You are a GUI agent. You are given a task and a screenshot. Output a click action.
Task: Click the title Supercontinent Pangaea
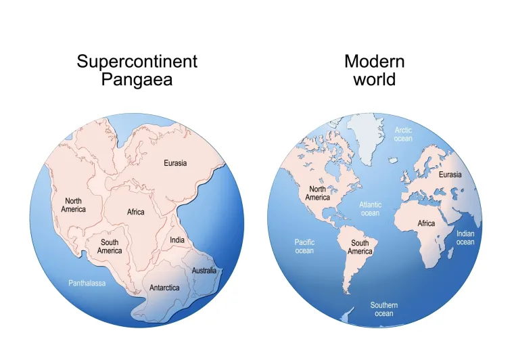[x=137, y=70]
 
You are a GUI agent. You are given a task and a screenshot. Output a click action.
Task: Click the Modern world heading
[x=374, y=70]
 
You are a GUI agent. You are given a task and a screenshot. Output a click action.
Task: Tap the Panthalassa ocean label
[x=87, y=283]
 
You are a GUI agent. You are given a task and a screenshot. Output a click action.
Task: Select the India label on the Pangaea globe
[x=177, y=240]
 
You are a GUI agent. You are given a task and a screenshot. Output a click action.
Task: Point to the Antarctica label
[x=164, y=288]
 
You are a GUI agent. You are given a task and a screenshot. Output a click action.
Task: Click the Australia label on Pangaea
[x=204, y=271]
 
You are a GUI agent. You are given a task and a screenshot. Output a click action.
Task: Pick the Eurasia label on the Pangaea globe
[x=175, y=163]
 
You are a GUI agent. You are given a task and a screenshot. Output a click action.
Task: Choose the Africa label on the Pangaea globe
[x=136, y=212]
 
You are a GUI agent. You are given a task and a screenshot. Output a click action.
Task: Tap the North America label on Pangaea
[x=74, y=204]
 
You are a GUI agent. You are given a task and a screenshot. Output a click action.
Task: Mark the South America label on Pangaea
[x=110, y=246]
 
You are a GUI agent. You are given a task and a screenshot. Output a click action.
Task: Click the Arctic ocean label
[x=403, y=134]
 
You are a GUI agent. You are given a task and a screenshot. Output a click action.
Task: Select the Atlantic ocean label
[x=370, y=208]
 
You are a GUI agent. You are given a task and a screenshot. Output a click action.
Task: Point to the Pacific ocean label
[x=304, y=246]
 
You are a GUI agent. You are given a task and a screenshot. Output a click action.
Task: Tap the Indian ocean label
[x=465, y=238]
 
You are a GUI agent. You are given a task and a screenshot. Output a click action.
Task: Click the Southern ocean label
[x=383, y=309]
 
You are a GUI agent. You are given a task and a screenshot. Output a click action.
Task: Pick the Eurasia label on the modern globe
[x=450, y=175]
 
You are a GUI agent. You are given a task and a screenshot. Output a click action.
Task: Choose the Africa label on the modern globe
[x=426, y=223]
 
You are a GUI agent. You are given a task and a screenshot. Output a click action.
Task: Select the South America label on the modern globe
[x=360, y=247]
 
